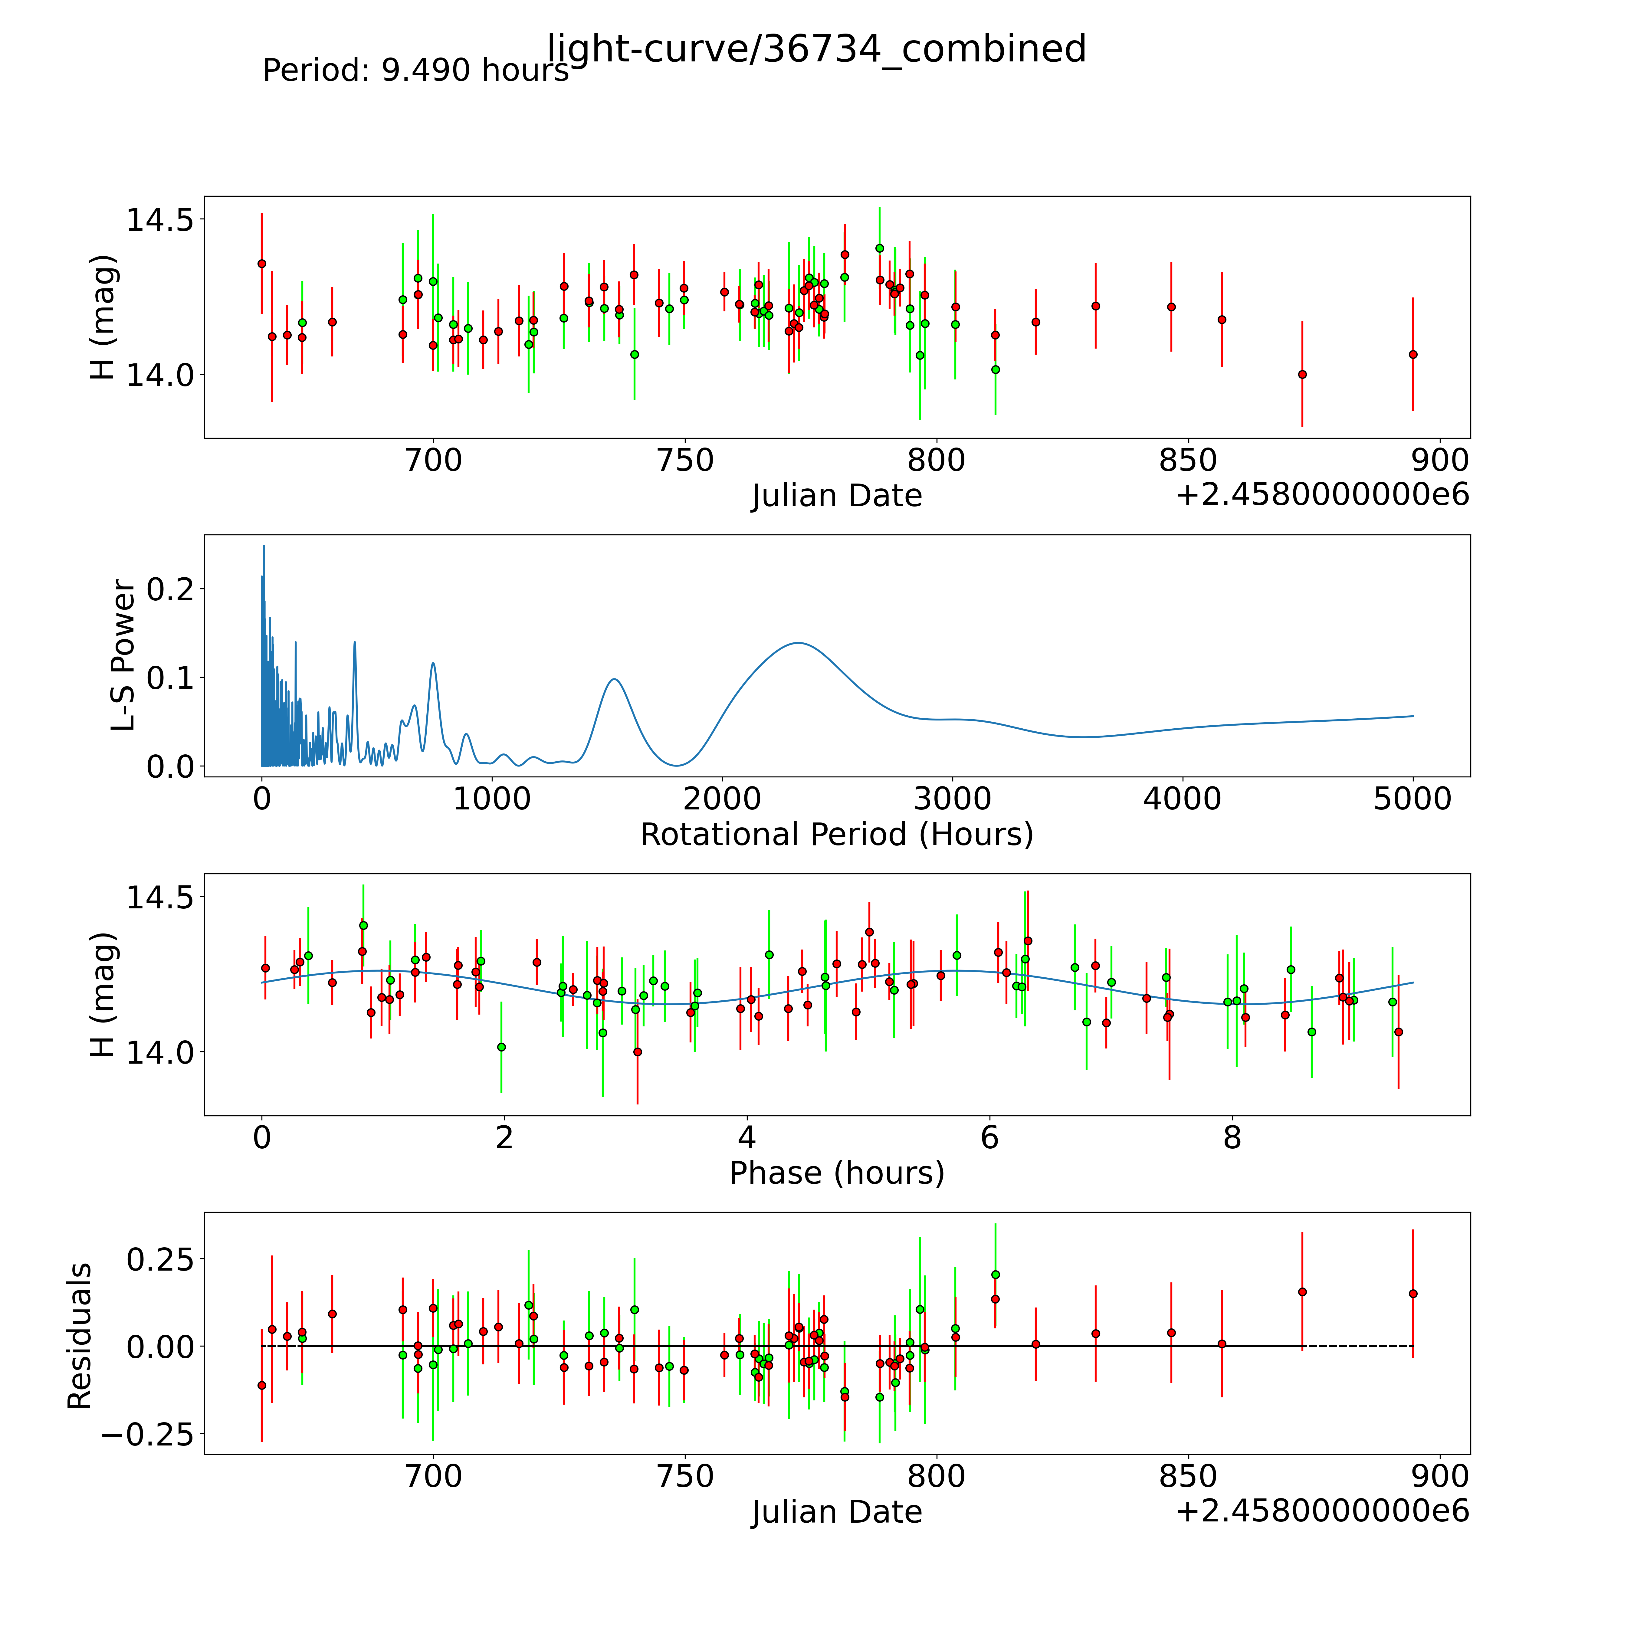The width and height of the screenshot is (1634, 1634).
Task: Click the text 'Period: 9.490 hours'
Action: click(415, 70)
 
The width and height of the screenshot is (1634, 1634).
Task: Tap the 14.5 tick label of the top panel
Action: click(159, 220)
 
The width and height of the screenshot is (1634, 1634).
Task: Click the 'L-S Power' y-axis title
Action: click(123, 655)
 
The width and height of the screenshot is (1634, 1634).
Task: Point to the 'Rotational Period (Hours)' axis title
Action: click(836, 835)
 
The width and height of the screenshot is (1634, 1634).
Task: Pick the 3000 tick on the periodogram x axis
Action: click(952, 799)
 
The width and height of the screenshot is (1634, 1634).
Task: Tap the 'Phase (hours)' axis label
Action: click(836, 1173)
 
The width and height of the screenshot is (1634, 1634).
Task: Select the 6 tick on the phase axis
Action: click(989, 1137)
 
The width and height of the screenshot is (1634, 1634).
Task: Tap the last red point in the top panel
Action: click(1413, 354)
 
